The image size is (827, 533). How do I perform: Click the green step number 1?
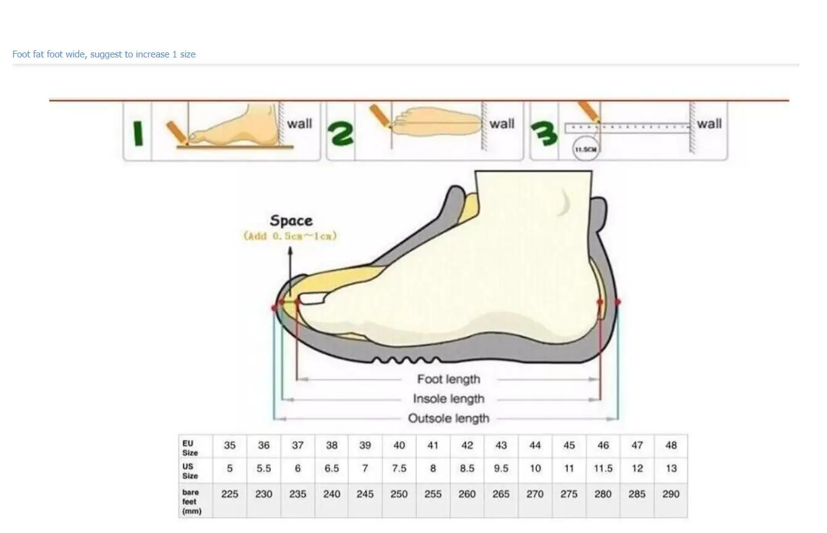pos(138,133)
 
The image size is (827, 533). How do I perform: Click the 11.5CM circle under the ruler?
pos(586,149)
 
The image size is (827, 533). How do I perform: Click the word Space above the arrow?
pos(291,220)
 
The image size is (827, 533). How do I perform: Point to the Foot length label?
pos(448,379)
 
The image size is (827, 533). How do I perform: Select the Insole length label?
pos(449,399)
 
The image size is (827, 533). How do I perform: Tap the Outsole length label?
pos(449,419)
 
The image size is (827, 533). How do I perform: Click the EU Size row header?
pos(190,448)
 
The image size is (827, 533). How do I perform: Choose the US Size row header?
pos(190,471)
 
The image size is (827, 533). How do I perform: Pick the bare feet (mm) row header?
pos(191,502)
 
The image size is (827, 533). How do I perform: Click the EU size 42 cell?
pos(467,445)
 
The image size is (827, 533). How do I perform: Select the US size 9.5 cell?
pos(501,469)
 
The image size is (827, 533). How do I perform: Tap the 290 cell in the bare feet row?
pos(671,494)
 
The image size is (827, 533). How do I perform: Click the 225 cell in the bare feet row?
pos(230,494)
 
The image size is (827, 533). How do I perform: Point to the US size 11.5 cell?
pos(603,469)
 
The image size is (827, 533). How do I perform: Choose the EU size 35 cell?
pos(230,445)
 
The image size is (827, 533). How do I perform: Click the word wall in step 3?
pos(709,124)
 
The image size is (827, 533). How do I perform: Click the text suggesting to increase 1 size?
pos(104,54)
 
